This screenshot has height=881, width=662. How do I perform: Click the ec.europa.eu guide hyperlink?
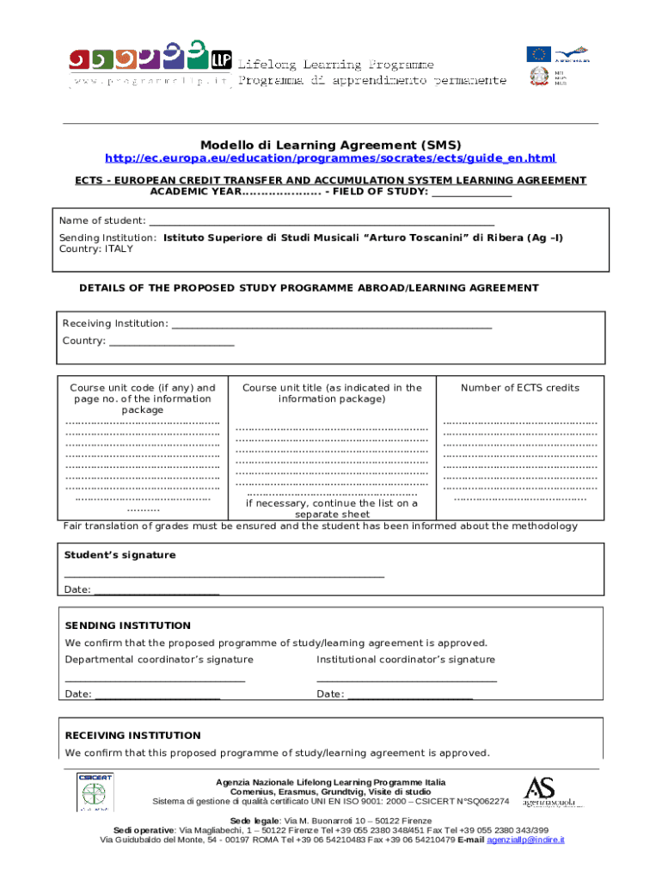330,158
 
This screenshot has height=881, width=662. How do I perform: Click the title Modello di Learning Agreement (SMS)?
331,145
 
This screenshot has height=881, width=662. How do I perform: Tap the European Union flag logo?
538,53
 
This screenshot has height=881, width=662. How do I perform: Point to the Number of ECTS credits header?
519,388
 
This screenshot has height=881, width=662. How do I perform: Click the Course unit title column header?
332,393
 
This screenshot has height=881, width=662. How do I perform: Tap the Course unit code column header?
142,398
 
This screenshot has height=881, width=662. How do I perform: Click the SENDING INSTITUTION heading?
128,625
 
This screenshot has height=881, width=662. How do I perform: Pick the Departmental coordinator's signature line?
155,680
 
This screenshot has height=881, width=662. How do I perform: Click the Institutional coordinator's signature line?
406,680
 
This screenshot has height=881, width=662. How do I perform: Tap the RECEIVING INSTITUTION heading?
133,736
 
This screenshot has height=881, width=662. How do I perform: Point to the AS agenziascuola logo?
550,792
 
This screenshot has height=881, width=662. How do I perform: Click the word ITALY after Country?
119,249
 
